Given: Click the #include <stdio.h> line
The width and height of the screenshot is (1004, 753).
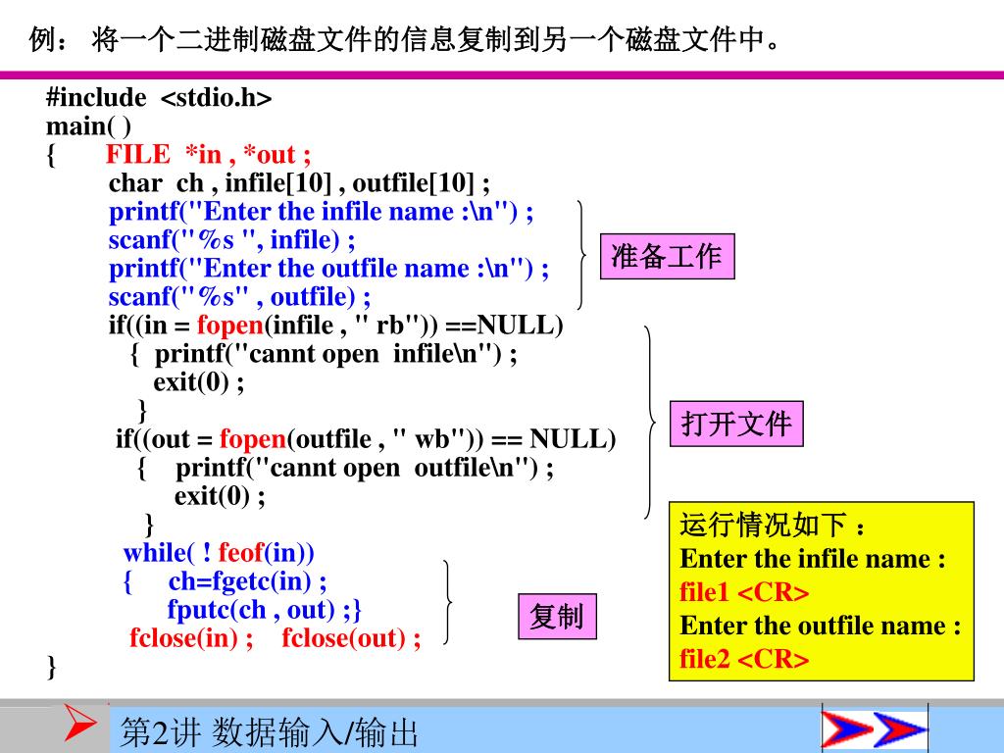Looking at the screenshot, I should pos(159,98).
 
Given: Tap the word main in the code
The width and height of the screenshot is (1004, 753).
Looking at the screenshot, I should pos(75,126).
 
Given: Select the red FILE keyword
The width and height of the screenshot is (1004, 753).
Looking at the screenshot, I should pos(137,155).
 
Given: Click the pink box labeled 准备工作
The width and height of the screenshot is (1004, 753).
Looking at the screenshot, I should pos(667,257).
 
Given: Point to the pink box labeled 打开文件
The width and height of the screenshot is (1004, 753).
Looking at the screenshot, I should pos(735,425).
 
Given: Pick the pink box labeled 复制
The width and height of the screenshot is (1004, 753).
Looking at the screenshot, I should pos(556,617).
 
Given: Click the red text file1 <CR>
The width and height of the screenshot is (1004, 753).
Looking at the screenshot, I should pos(744,593).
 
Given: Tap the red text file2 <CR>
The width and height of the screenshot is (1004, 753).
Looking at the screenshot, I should pos(744,659).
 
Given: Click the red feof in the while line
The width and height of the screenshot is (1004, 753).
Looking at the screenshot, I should pos(240,552).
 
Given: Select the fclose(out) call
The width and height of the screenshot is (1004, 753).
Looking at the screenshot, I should pos(351,638).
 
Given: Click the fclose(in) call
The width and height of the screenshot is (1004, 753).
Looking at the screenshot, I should pos(191,638).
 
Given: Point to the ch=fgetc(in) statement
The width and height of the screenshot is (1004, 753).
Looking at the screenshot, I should pos(247,581).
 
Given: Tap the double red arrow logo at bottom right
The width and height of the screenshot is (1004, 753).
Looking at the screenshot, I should pos(874,730).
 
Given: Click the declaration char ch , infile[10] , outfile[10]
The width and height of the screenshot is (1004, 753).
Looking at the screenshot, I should pos(299,183).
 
